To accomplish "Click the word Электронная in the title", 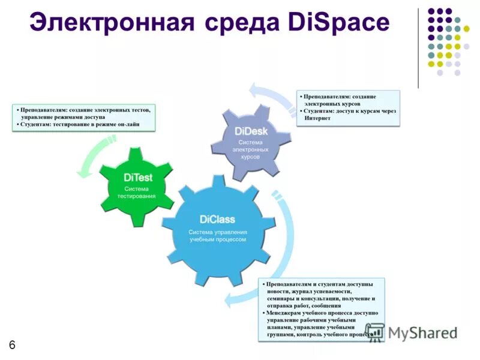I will (112, 23).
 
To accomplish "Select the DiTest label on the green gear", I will (138, 178).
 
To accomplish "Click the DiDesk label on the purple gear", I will (251, 131).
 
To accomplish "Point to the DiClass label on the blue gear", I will (217, 219).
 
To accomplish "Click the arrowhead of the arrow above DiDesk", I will (255, 92).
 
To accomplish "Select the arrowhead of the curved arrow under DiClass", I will (229, 299).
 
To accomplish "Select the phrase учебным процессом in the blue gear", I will (218, 239).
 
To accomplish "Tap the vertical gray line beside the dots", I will (418, 48).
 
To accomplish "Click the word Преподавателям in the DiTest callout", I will (43, 110).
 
